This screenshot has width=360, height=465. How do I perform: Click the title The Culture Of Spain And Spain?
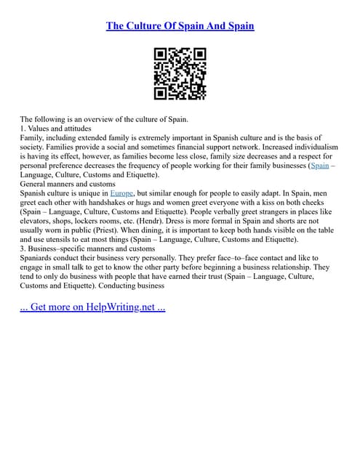pyautogui.click(x=180, y=26)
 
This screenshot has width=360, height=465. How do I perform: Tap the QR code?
pyautogui.click(x=180, y=73)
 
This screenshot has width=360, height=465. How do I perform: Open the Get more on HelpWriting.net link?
pyautogui.click(x=92, y=307)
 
